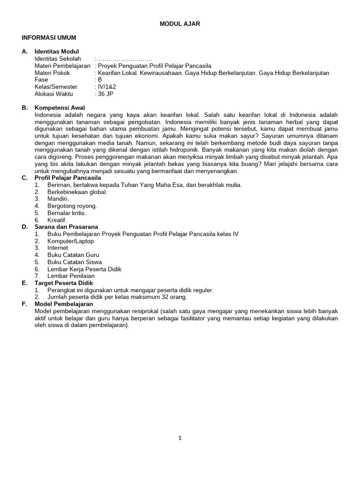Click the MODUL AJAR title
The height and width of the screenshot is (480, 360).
pos(180,24)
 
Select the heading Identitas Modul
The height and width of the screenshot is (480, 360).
pos(57,52)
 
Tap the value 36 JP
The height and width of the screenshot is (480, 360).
pos(105,94)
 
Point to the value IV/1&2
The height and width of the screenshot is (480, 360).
pos(107,87)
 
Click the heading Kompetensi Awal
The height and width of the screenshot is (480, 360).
pos(60,108)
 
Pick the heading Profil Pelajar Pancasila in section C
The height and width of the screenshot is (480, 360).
pos(68,178)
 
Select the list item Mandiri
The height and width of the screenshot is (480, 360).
pos(58,199)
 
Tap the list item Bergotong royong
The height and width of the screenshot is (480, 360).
pos(72,206)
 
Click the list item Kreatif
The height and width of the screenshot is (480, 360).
pos(57,220)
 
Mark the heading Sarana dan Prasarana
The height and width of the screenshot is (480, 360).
pos(67,227)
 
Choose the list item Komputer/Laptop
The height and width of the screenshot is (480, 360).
pos(71,241)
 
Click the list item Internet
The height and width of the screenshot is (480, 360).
pos(58,248)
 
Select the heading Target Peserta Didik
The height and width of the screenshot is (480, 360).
pos(64,283)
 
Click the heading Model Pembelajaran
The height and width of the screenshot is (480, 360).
pos(64,304)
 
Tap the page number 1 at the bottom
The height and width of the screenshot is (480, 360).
pos(180,438)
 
